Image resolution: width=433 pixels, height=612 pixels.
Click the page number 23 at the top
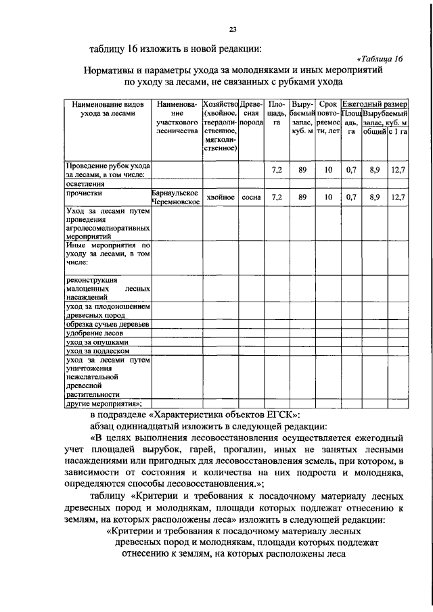point(232,29)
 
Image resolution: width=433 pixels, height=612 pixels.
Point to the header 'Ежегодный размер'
point(375,105)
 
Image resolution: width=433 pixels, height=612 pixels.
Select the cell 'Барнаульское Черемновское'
point(175,197)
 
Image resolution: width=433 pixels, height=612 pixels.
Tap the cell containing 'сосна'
point(251,197)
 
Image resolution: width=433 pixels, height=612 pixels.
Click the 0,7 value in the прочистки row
point(351,197)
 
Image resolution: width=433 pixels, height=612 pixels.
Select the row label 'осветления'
point(85,183)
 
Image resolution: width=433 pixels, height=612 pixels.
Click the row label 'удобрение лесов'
point(93,333)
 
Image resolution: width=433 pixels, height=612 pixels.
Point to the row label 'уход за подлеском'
point(97,350)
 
